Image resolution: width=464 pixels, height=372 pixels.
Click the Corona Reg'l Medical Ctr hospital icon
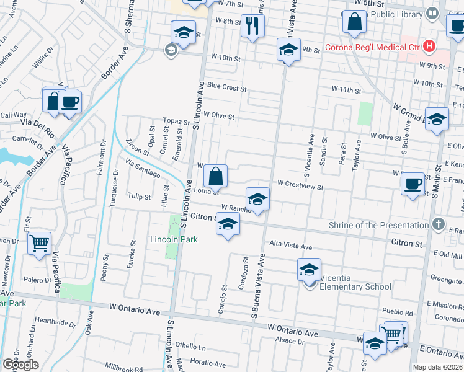pos(428,46)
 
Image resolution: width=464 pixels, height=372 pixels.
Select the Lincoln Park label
pos(173,239)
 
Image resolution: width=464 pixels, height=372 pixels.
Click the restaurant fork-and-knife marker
pos(252,25)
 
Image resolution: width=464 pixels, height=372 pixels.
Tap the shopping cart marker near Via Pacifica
pos(39,243)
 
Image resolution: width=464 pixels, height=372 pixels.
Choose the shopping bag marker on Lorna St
pos(215,176)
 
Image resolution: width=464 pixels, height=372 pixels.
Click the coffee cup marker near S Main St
pos(413,184)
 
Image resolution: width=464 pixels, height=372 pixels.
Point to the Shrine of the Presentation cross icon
pos(438,224)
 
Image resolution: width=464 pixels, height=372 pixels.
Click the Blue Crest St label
pos(227,87)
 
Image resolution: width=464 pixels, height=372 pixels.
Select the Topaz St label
pos(176,121)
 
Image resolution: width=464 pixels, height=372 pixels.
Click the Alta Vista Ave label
pos(290,246)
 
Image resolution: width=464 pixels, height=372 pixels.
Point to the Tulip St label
pos(139,197)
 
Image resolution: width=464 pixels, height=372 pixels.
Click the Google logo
pos(20,365)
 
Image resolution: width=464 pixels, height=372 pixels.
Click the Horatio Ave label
pos(208,361)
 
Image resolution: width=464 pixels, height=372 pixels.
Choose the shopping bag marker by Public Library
pos(354,22)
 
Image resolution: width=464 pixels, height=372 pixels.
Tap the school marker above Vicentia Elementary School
pos(309,270)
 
